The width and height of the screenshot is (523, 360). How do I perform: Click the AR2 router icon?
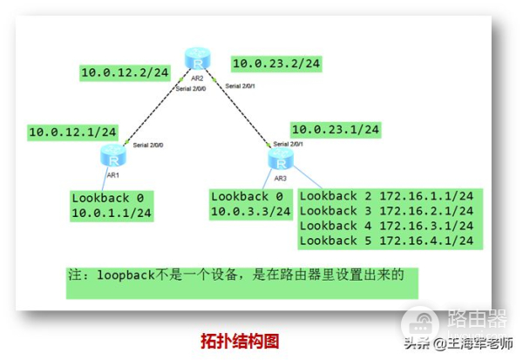pos(197,59)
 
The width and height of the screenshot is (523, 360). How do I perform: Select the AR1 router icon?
pos(112,156)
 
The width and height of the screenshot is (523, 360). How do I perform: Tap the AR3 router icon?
pos(280,159)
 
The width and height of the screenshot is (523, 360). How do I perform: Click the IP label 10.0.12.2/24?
pos(124,73)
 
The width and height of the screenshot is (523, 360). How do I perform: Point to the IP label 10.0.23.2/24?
pos(276,63)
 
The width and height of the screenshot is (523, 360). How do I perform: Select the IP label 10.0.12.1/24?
pos(73,132)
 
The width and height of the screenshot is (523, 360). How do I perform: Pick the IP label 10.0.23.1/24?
pos(336,129)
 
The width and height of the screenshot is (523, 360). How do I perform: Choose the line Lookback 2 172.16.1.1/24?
pos(386,196)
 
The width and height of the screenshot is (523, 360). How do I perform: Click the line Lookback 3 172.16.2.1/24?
pos(386,211)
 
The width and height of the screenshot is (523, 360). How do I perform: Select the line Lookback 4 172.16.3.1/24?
pos(386,226)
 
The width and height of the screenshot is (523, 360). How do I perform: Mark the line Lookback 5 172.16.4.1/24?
pos(386,241)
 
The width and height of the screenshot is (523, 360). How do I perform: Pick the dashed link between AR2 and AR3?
pos(240,111)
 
